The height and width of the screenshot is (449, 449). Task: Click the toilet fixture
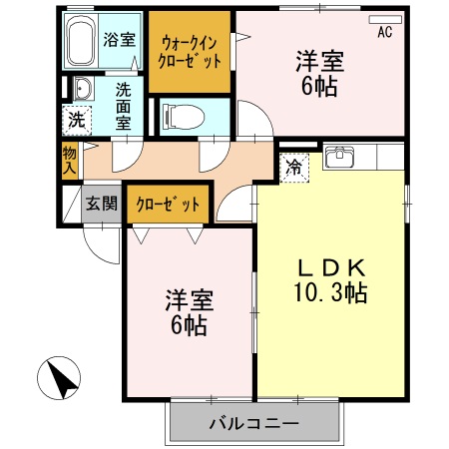(x=181, y=116)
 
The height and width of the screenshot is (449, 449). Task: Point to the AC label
(x=385, y=32)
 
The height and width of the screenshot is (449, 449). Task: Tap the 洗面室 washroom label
(x=123, y=106)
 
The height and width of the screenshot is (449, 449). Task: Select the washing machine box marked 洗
(x=76, y=120)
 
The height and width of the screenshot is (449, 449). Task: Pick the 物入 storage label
(x=69, y=160)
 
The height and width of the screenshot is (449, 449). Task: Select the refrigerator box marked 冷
(x=294, y=167)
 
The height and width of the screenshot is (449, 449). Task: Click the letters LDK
(x=331, y=267)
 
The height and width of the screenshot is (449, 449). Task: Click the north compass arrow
(x=60, y=380)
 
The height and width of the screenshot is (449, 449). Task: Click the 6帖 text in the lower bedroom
(x=187, y=325)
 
